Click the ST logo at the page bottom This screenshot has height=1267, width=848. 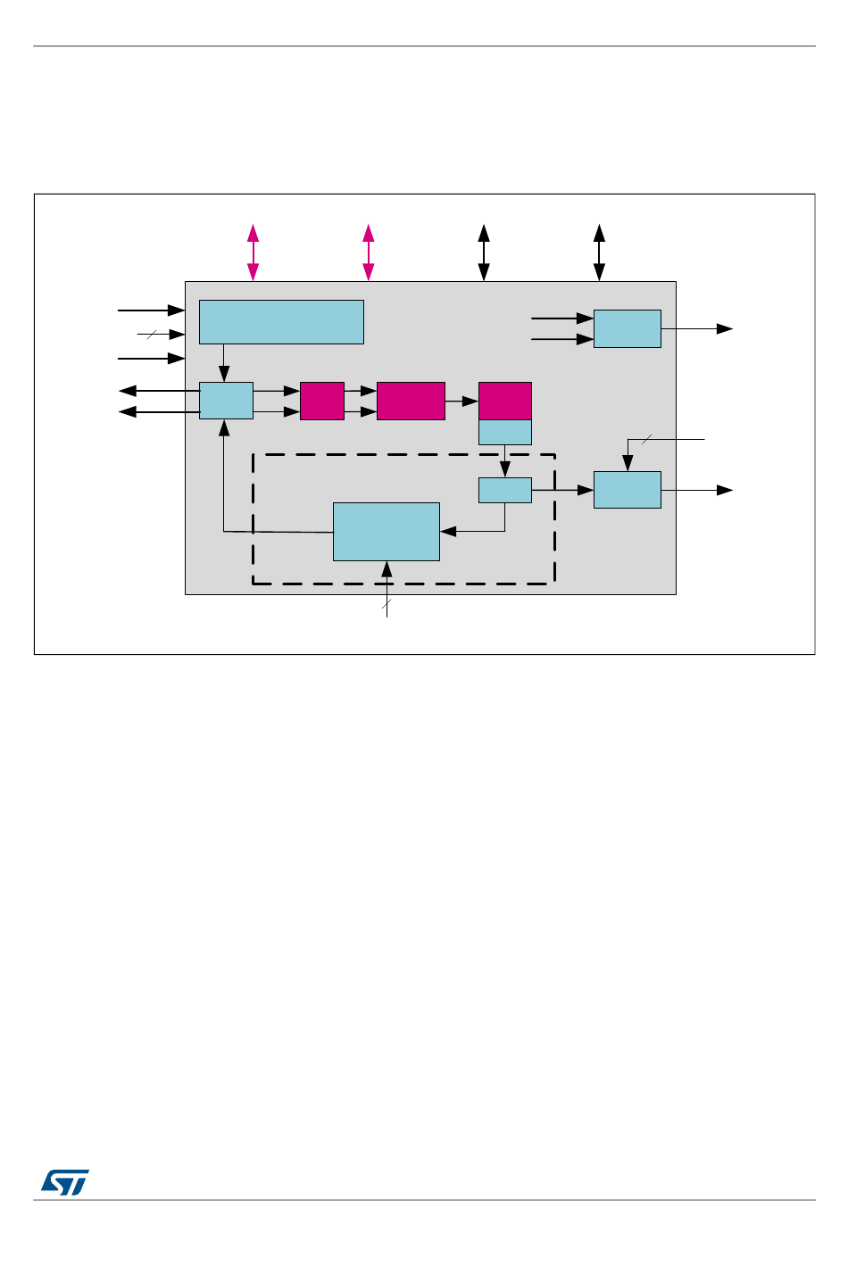pyautogui.click(x=65, y=1181)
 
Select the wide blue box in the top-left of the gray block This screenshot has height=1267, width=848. pyautogui.click(x=281, y=321)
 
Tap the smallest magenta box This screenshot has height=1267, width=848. pyautogui.click(x=322, y=401)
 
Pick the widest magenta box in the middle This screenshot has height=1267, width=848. pyautogui.click(x=411, y=401)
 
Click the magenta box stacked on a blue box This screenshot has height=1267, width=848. pyautogui.click(x=505, y=401)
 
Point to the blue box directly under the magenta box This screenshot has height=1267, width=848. pyautogui.click(x=505, y=432)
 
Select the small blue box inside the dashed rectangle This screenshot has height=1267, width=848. pyautogui.click(x=505, y=490)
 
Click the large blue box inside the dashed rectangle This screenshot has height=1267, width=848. pyautogui.click(x=386, y=531)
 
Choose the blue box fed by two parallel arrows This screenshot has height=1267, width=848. pyautogui.click(x=627, y=328)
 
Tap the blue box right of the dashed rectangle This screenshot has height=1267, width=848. pyautogui.click(x=627, y=490)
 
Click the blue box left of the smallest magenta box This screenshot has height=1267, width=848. pyautogui.click(x=226, y=401)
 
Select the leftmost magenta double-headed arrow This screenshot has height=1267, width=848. pyautogui.click(x=254, y=253)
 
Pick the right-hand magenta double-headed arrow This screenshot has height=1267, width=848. pyautogui.click(x=368, y=253)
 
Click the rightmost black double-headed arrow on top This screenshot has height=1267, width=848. pyautogui.click(x=599, y=253)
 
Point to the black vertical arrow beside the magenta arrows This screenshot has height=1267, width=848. pyautogui.click(x=484, y=253)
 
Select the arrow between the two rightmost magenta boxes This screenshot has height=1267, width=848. pyautogui.click(x=461, y=402)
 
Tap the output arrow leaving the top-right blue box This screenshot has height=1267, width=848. pyautogui.click(x=696, y=328)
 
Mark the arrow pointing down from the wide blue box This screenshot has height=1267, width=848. pyautogui.click(x=223, y=363)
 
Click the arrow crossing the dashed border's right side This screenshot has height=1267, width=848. pyautogui.click(x=562, y=490)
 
